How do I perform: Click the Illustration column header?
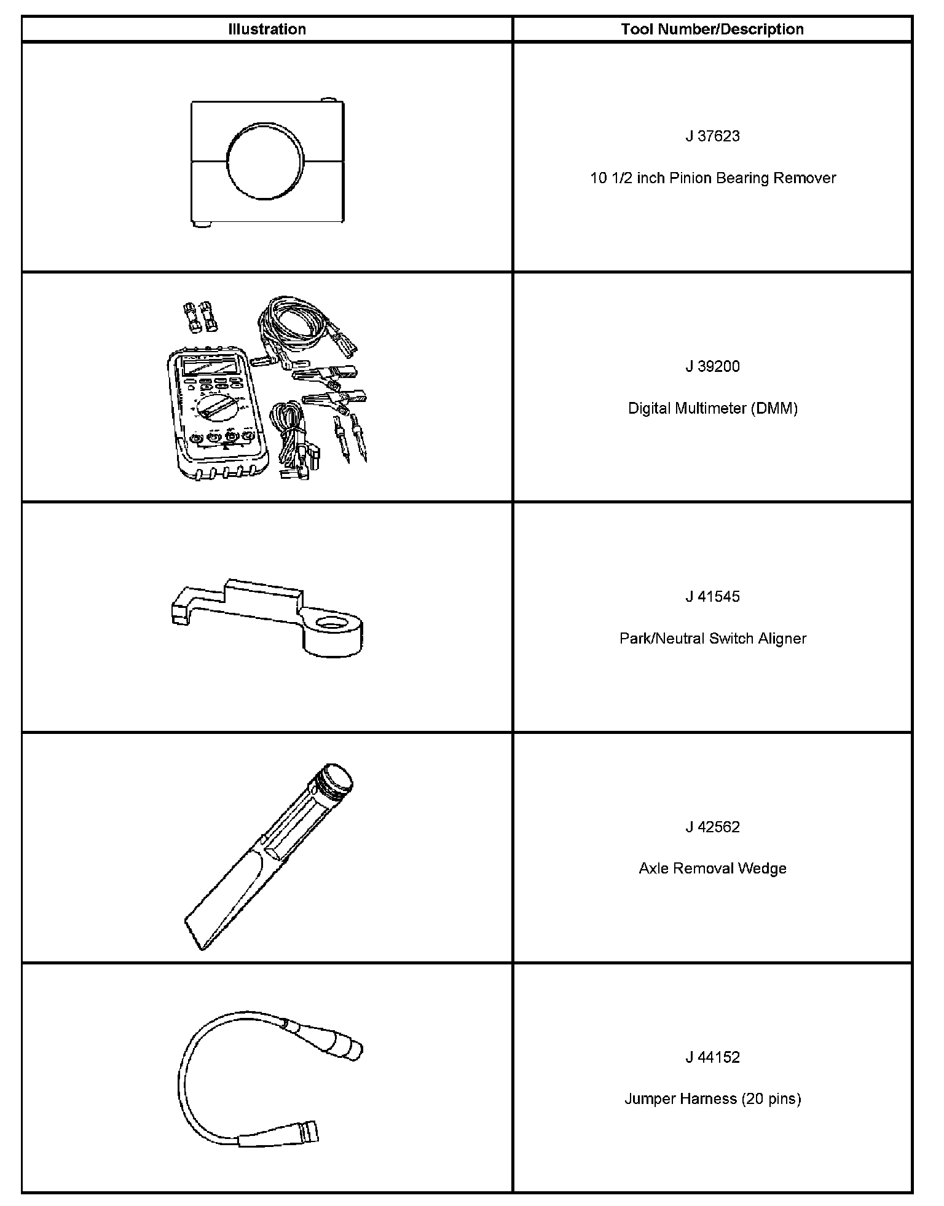coord(267,29)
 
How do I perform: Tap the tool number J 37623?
coord(712,136)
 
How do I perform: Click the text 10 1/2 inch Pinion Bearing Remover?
coord(712,178)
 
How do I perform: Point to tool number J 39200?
coord(712,366)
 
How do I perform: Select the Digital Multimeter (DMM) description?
coord(712,408)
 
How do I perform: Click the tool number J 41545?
coord(712,596)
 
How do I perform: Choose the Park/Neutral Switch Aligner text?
coord(712,639)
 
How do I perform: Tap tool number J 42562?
coord(712,827)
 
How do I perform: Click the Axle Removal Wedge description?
coord(712,869)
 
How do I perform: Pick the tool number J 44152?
coord(712,1057)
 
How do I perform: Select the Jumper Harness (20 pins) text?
coord(712,1099)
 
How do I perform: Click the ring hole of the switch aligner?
coord(332,627)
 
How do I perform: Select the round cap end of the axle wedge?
coord(337,779)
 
